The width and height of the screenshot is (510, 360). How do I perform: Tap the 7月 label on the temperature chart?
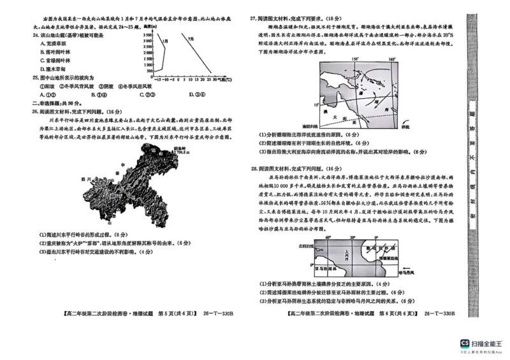pos(191,39)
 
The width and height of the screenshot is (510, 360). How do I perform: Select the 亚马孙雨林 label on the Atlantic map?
pos(316,270)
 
